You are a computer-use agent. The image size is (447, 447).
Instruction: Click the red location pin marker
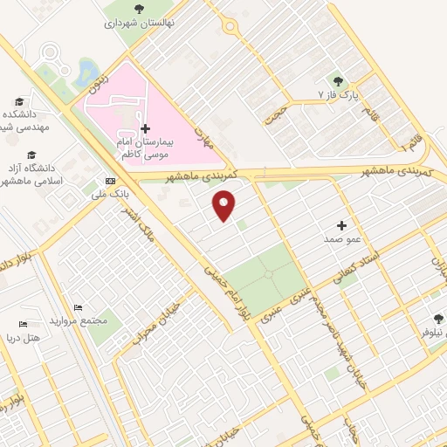[x=225, y=206]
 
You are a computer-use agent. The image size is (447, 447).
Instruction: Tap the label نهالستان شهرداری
[x=140, y=24]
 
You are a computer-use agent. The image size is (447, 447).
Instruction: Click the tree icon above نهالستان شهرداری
[x=140, y=10]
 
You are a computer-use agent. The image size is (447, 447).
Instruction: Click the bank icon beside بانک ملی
[x=109, y=182]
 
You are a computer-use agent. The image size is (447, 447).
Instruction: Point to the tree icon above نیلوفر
[x=438, y=319]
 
